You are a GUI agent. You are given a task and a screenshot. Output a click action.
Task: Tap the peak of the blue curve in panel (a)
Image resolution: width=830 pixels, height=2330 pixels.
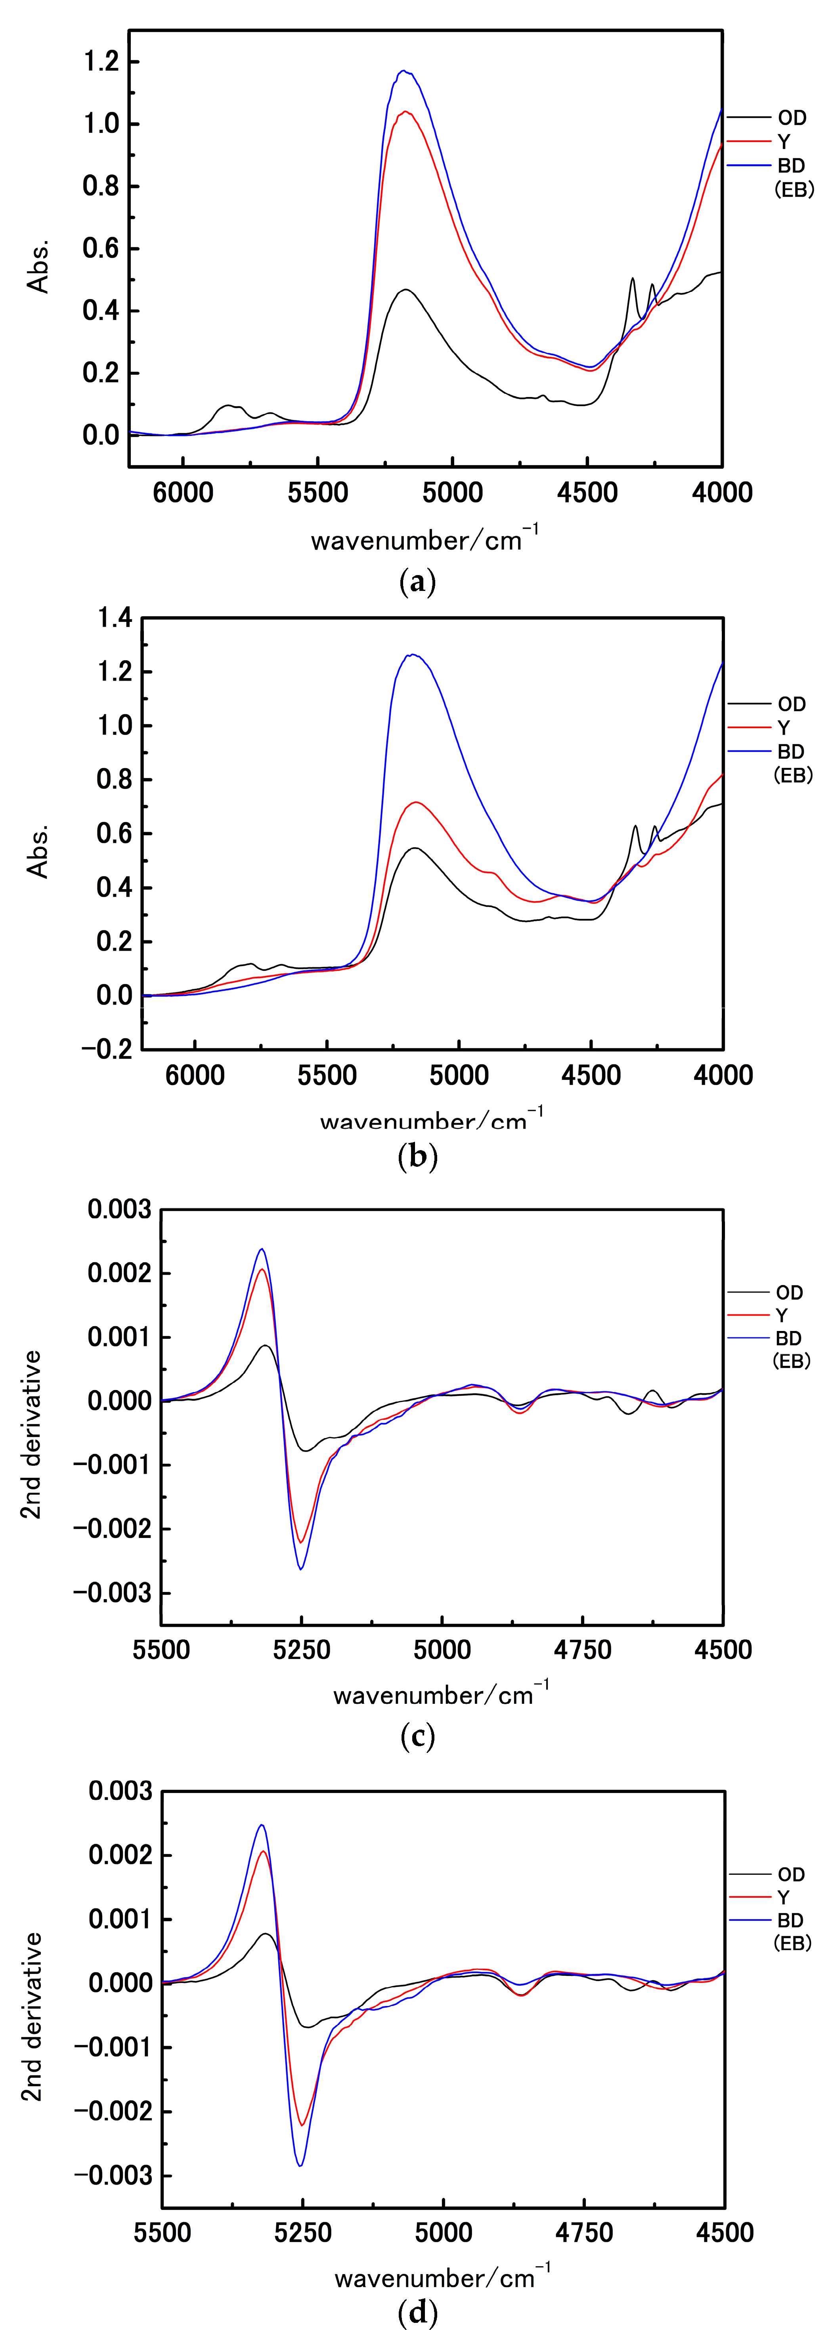403,71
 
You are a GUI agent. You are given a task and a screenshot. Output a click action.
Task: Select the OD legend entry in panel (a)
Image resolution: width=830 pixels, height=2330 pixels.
791,117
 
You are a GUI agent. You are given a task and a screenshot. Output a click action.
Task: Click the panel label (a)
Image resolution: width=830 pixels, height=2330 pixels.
417,581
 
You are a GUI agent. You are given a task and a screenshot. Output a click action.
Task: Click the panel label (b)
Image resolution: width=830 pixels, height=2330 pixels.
417,1157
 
